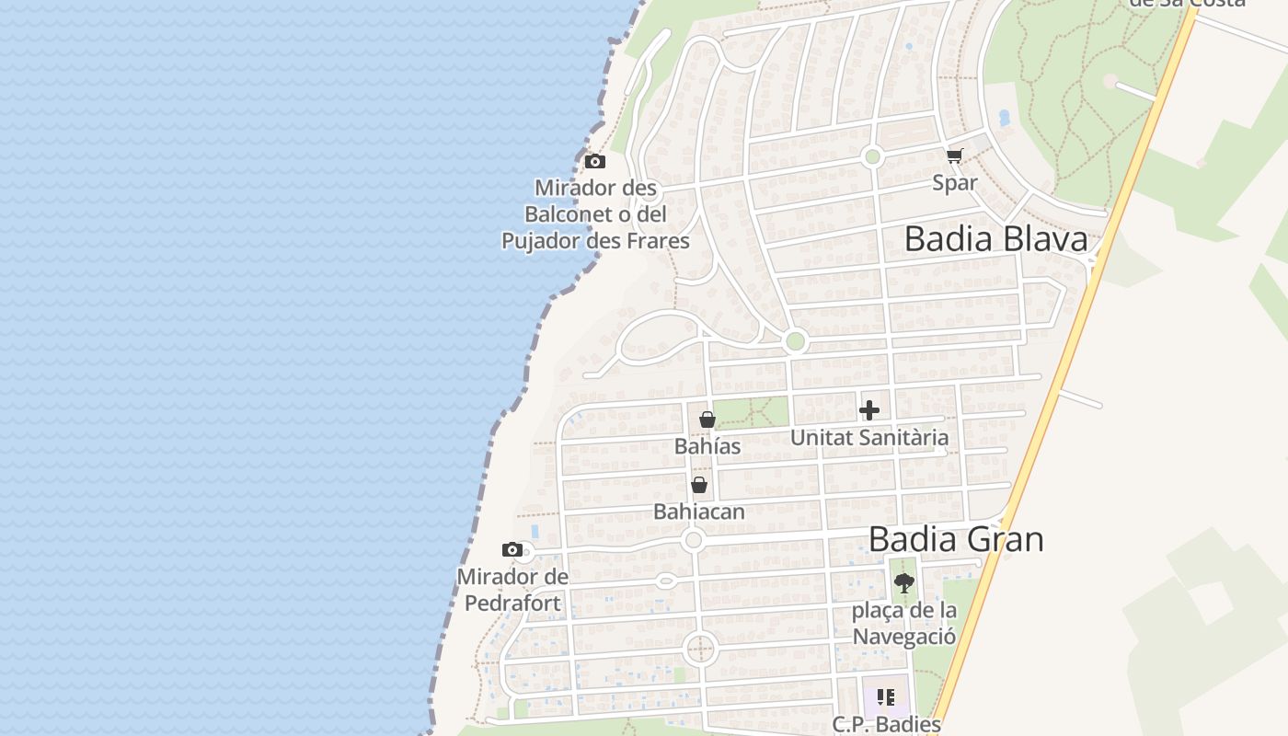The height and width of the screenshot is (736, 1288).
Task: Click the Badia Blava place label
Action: click(x=995, y=239)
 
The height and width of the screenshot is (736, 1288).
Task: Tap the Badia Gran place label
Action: click(x=956, y=539)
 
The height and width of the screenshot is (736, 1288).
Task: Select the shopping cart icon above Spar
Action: click(x=955, y=155)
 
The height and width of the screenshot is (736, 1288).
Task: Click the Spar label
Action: click(x=955, y=182)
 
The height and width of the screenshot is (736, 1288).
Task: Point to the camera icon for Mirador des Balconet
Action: click(x=595, y=162)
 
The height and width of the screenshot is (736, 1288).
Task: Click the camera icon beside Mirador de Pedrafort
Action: click(x=512, y=550)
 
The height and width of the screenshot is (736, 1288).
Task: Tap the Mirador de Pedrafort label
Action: click(x=512, y=590)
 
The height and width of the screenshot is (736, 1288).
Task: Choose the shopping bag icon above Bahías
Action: click(x=707, y=420)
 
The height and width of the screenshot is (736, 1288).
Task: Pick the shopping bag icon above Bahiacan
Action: click(x=699, y=485)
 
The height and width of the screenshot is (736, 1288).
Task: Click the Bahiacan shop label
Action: click(x=699, y=512)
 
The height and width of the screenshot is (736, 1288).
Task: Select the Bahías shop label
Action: click(x=707, y=446)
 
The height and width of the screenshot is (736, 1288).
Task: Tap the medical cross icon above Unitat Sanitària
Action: click(x=869, y=410)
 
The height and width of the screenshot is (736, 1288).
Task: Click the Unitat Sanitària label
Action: click(x=869, y=437)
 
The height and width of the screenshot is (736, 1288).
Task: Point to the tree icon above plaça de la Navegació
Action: click(x=904, y=582)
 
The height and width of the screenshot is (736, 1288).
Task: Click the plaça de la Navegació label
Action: click(x=904, y=623)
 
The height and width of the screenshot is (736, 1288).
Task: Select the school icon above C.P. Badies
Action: click(x=886, y=697)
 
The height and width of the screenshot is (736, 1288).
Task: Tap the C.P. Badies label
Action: click(x=887, y=724)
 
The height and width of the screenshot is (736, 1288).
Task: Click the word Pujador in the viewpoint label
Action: click(x=544, y=241)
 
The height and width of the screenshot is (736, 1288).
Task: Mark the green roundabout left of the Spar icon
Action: click(x=873, y=157)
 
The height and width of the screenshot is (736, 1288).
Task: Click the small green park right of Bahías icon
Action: click(x=751, y=412)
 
